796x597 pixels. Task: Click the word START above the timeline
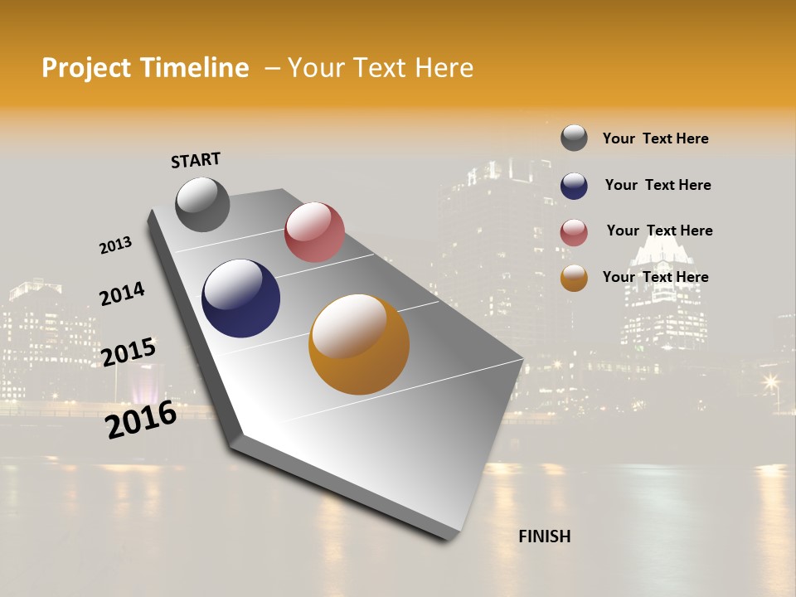(196, 160)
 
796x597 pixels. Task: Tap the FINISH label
(544, 536)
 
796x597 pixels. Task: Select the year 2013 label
(115, 245)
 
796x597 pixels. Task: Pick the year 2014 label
(122, 294)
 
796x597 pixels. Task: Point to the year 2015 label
(129, 352)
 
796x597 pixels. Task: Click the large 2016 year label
(141, 419)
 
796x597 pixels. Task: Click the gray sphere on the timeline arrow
(202, 204)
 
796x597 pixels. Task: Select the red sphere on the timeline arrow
(314, 232)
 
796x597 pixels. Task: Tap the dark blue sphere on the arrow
(240, 298)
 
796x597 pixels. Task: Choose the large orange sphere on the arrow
(358, 344)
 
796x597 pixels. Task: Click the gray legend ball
(574, 138)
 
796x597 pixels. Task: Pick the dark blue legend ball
(574, 186)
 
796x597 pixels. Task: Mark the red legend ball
(574, 232)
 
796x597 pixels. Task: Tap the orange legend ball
(574, 279)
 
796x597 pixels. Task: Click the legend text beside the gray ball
(655, 139)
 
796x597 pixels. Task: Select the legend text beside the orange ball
(655, 277)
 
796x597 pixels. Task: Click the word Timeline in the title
(194, 68)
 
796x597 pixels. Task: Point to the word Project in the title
(86, 68)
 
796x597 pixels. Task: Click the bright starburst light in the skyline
(771, 382)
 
